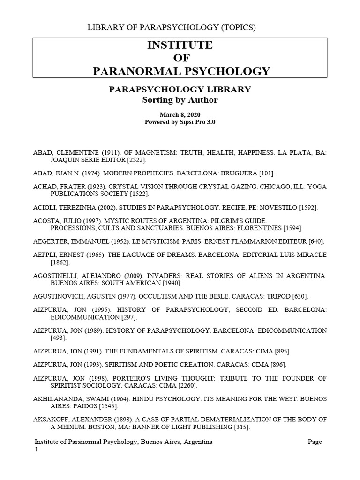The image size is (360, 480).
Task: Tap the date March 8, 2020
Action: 180,114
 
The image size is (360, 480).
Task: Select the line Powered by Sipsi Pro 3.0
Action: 180,121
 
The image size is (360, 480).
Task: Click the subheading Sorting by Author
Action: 180,100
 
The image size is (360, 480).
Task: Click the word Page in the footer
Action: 315,442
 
